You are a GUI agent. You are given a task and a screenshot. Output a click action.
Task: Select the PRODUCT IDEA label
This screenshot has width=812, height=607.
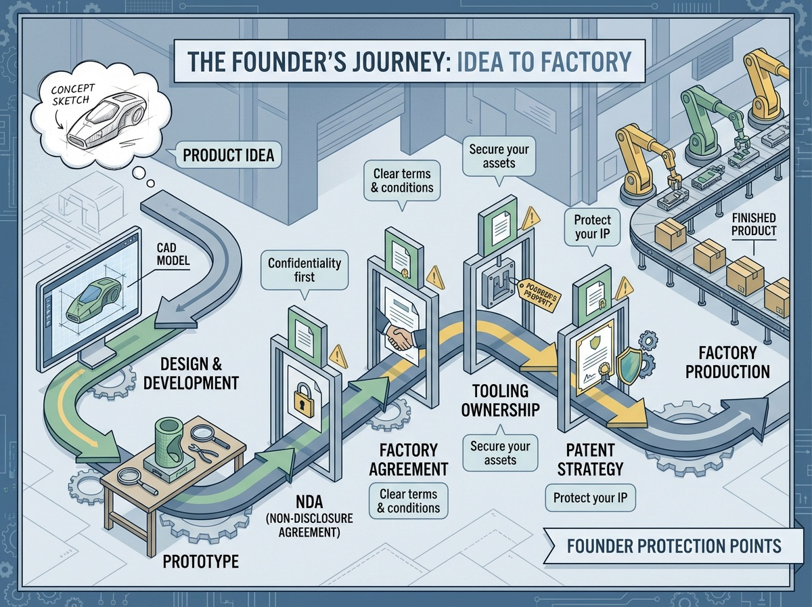229,156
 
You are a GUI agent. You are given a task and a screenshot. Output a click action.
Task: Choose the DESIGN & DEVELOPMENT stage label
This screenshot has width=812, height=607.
191,374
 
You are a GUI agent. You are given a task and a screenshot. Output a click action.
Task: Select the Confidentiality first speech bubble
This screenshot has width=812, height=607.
304,270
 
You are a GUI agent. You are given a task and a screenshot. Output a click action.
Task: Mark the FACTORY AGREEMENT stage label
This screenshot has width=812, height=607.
413,459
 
